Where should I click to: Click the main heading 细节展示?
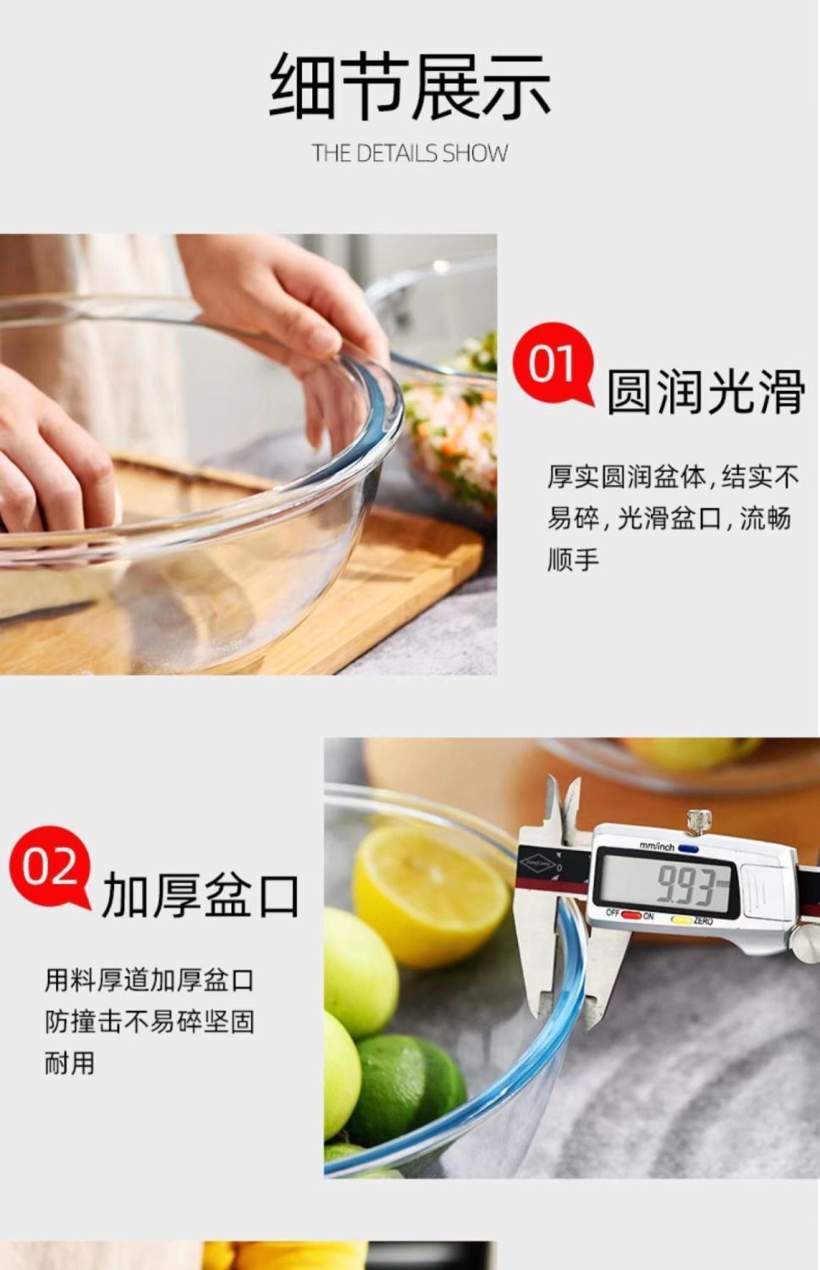coord(410,86)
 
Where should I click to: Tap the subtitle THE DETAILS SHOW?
coord(410,153)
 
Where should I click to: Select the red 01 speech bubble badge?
coord(553,364)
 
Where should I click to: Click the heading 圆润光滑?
coord(705,391)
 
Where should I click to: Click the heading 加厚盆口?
coord(201,895)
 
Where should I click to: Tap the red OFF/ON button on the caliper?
coord(631,915)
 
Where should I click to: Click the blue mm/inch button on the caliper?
coord(687,847)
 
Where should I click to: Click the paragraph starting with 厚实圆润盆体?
coord(672,517)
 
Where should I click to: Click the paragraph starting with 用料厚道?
coord(149,1021)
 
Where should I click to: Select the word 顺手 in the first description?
coord(573,559)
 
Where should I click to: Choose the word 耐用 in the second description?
coord(70,1062)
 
